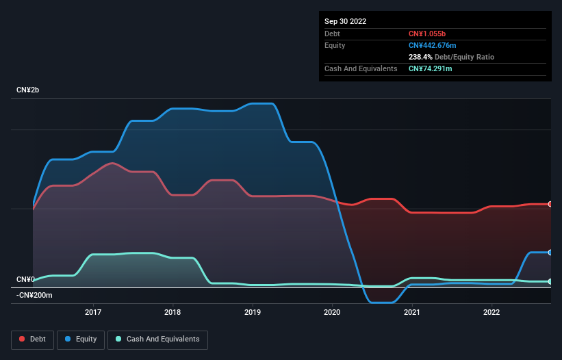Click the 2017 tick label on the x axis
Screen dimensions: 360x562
point(93,313)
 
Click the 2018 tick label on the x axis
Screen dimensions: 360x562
point(173,313)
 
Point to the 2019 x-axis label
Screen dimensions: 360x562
point(253,313)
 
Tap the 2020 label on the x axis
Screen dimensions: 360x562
point(333,313)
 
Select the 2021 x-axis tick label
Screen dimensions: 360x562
point(412,313)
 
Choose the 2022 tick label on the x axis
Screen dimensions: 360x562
point(491,313)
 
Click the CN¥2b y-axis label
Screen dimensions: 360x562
point(29,90)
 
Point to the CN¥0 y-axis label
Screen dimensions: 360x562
point(25,279)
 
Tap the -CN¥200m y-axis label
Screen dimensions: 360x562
point(34,295)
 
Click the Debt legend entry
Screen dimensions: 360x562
point(33,339)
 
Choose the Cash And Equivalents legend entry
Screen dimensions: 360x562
point(157,339)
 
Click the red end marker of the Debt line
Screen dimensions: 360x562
point(550,204)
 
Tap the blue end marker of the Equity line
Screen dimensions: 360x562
point(550,253)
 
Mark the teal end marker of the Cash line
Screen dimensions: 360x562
point(550,281)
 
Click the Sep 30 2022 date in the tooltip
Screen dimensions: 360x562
point(345,21)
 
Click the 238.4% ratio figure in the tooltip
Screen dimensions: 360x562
point(421,57)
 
